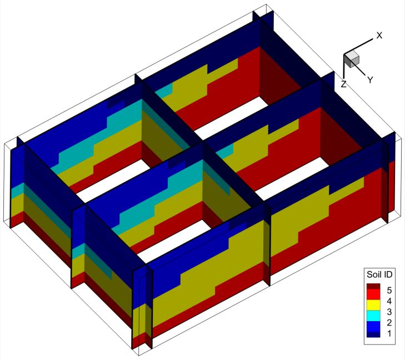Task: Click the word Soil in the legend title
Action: tap(374, 274)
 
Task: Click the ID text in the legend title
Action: tap(387, 274)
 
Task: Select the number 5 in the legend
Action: tap(389, 291)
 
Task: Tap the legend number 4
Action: tap(389, 301)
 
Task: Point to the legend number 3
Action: tap(389, 312)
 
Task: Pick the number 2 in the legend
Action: tap(389, 323)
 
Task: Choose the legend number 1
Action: tap(389, 333)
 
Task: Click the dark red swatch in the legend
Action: tap(373, 286)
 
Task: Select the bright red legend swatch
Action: tap(373, 294)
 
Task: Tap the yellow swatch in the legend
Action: tap(373, 305)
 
